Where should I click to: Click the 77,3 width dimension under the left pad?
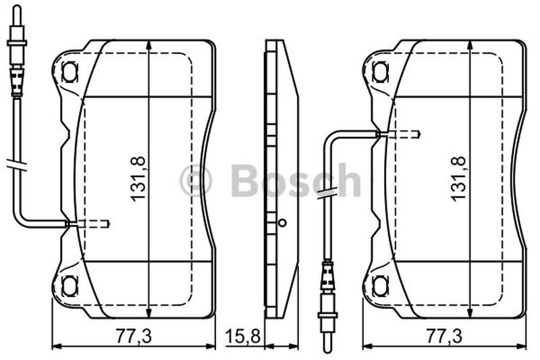pyautogui.click(x=134, y=336)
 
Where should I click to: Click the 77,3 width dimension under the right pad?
pyautogui.click(x=444, y=336)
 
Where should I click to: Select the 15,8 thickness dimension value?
pyautogui.click(x=243, y=336)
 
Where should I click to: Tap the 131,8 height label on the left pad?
pyautogui.click(x=138, y=178)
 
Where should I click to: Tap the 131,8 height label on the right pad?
pyautogui.click(x=459, y=178)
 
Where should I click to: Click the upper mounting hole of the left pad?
pyautogui.click(x=70, y=72)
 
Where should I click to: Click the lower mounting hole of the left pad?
pyautogui.click(x=70, y=286)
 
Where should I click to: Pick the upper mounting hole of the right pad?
pyautogui.click(x=381, y=72)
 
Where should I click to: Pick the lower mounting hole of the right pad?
pyautogui.click(x=381, y=286)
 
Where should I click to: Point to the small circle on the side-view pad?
pyautogui.click(x=282, y=223)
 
